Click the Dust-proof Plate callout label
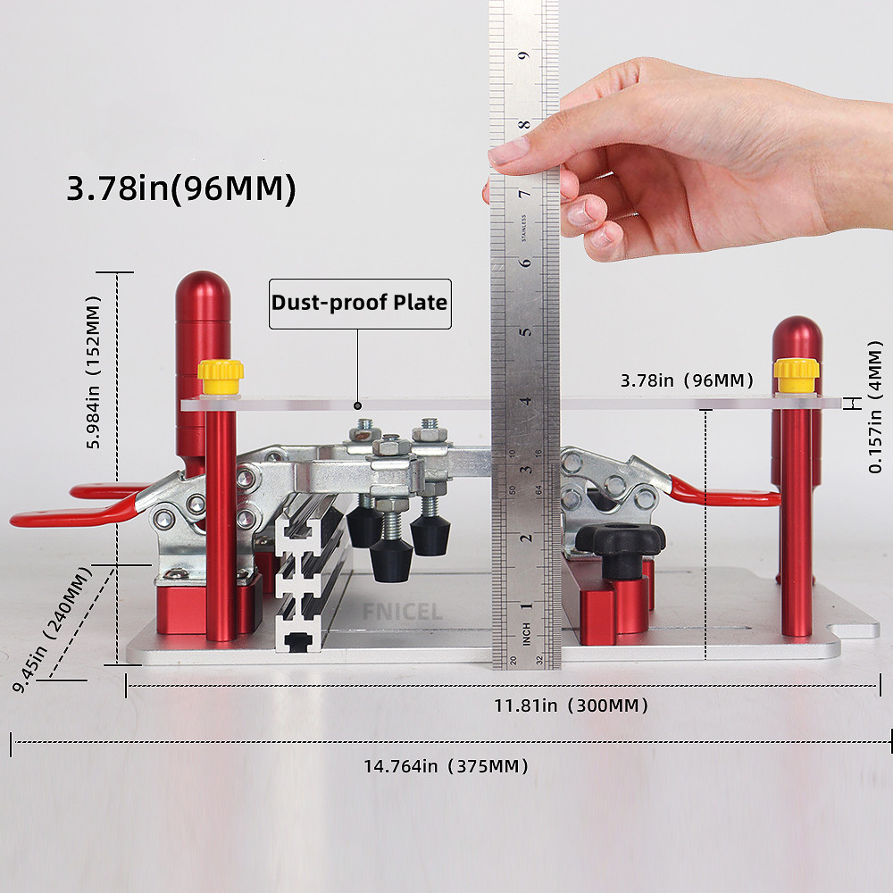(360, 303)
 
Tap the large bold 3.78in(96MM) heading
(181, 188)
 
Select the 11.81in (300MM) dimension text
(571, 705)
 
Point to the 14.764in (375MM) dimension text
(446, 766)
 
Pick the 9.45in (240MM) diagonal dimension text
(52, 629)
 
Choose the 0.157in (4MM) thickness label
(875, 406)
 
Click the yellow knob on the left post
(221, 377)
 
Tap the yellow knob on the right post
(797, 375)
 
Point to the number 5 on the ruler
(526, 331)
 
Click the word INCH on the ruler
(526, 634)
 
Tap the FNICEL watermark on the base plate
(403, 613)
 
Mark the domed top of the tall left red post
(203, 290)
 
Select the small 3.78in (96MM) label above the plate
(687, 380)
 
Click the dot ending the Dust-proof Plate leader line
(358, 405)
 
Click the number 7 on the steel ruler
(524, 193)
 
